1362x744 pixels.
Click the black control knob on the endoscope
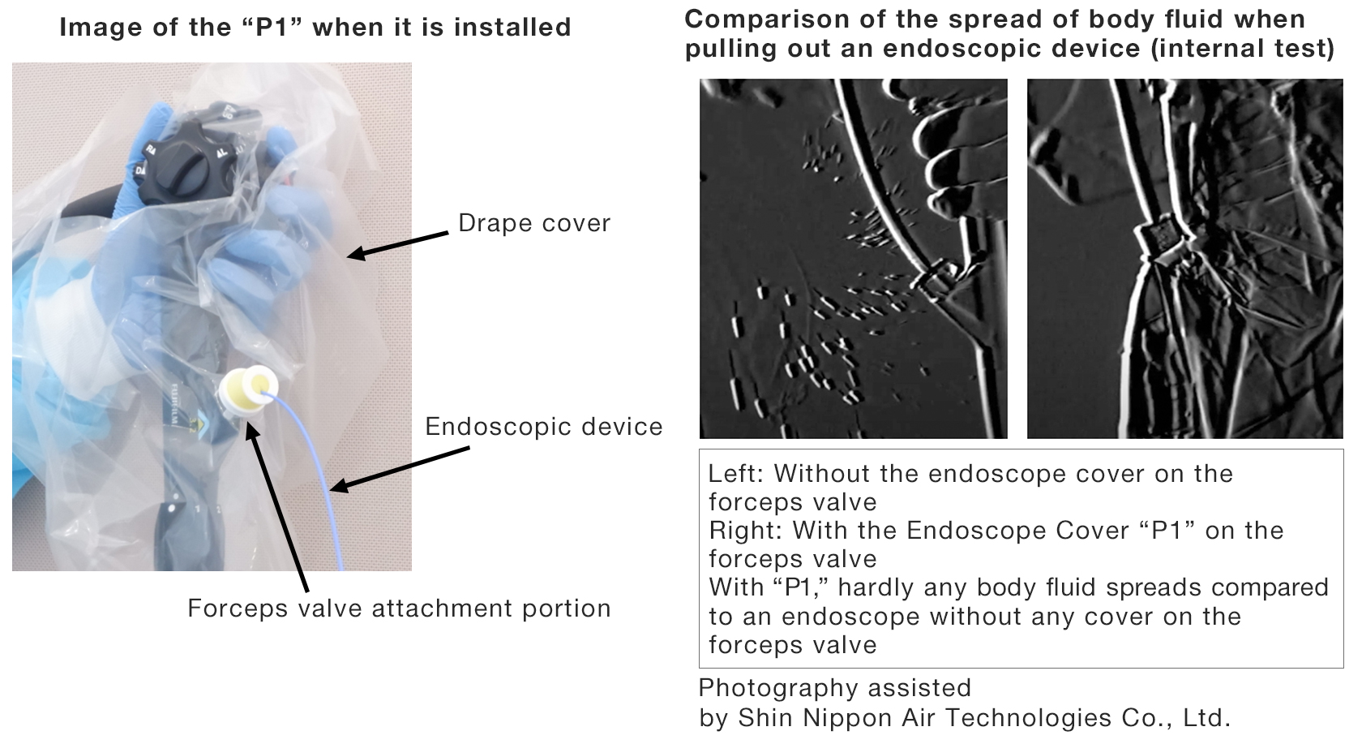coord(183,155)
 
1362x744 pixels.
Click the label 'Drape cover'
coord(533,223)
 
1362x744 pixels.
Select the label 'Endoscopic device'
coord(543,427)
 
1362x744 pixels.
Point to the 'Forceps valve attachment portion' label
coord(399,609)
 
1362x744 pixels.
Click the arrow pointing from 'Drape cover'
coord(397,243)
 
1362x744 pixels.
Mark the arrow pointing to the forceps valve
coord(277,505)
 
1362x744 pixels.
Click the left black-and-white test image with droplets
coord(853,259)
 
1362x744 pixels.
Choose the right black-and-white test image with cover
coord(1184,259)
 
